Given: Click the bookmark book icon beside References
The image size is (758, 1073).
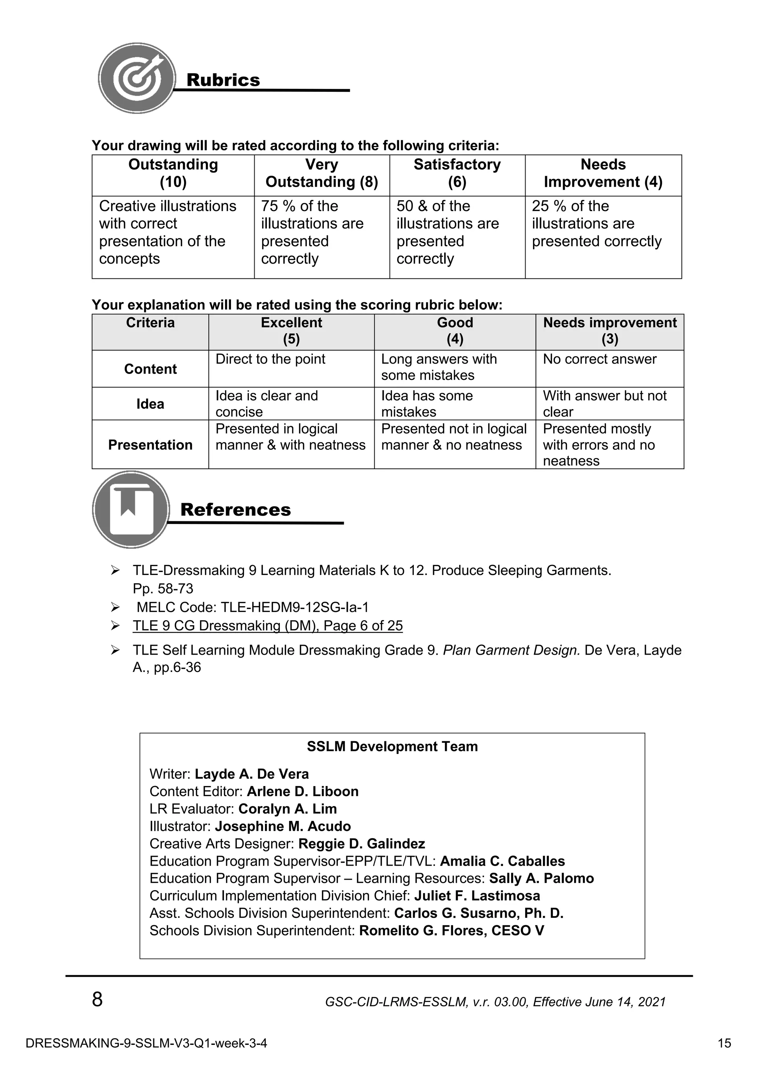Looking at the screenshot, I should click(x=131, y=509).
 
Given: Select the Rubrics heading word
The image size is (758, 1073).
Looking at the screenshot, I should click(x=223, y=80).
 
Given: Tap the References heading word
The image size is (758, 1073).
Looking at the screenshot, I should click(x=235, y=509).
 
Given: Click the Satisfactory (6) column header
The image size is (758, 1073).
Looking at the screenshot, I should click(x=457, y=173).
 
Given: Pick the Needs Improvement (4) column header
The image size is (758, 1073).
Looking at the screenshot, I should click(x=603, y=173).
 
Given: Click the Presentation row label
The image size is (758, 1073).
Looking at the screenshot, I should click(x=150, y=445).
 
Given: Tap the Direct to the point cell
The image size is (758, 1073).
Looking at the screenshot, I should click(x=271, y=360).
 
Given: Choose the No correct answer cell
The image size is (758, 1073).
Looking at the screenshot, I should click(x=599, y=360).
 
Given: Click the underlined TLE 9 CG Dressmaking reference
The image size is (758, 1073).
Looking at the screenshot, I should click(x=267, y=626).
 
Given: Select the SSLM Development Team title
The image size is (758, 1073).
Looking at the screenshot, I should click(x=392, y=746).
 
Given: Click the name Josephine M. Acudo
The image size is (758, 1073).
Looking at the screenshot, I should click(x=282, y=826).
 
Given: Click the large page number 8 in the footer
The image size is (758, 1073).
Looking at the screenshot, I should click(x=97, y=999).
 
